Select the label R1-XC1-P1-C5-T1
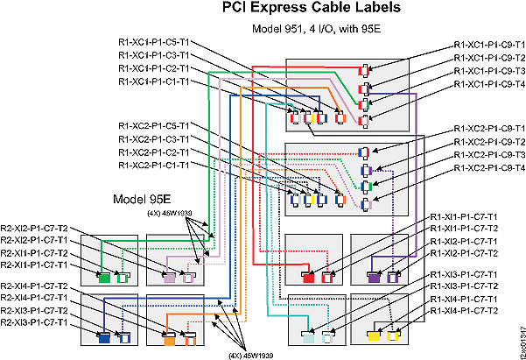(153, 41)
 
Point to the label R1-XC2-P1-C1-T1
(153, 165)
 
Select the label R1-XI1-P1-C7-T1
(463, 215)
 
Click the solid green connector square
(104, 278)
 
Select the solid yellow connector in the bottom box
(375, 335)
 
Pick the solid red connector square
(308, 278)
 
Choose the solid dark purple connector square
(374, 278)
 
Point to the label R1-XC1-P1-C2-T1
(153, 68)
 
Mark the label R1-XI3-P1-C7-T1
(463, 274)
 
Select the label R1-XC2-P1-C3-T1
(153, 140)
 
